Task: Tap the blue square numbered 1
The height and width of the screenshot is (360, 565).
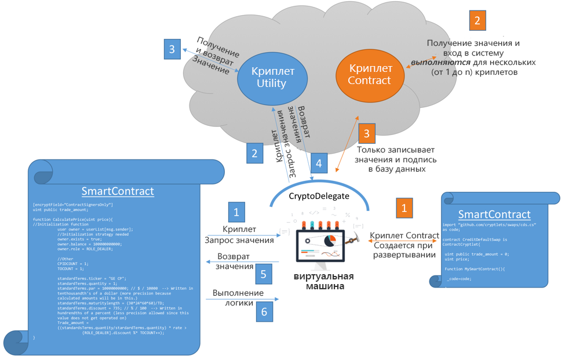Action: pos(236,212)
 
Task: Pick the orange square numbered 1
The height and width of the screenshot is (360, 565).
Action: pos(404,208)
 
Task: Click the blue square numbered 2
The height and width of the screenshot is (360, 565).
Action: pos(254,153)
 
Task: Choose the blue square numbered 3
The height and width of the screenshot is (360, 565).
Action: pos(172,50)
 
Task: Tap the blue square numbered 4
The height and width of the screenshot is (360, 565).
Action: pos(319,162)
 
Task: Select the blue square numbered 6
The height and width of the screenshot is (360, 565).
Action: pos(264,312)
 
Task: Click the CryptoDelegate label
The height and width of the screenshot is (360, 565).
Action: pos(319,196)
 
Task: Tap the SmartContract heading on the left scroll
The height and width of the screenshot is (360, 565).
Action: pos(118,191)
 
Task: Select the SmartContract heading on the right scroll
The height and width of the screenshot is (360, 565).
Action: pos(494,214)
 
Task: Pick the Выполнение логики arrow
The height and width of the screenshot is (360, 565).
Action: pos(242,299)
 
